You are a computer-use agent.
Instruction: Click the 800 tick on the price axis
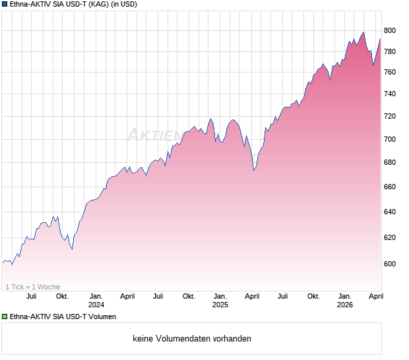390,30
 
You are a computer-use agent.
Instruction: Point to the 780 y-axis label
390,51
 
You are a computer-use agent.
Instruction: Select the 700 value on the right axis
390,139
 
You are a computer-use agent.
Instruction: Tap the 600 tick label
390,264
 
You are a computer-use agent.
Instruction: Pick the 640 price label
390,212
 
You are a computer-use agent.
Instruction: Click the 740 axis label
390,94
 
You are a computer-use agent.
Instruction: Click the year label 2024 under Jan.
96,305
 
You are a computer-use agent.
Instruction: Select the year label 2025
220,305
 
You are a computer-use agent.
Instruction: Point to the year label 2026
344,305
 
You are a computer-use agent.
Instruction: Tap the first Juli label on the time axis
31,297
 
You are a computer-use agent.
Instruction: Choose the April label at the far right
375,297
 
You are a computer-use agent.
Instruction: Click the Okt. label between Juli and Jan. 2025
189,297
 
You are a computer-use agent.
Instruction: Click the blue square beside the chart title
5,5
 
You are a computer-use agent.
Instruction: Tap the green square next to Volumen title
5,317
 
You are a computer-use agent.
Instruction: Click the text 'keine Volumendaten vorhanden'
192,339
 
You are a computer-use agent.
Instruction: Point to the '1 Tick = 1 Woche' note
32,287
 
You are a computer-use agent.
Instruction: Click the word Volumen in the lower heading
102,317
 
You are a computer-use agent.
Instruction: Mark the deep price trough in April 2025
254,170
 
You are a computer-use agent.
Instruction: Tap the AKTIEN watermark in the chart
154,135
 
